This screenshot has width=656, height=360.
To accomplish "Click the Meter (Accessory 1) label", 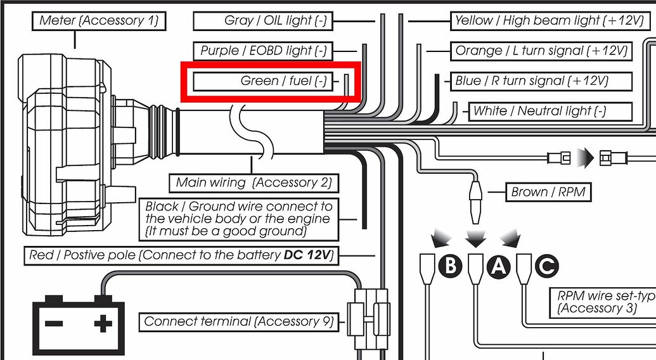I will pyautogui.click(x=98, y=20).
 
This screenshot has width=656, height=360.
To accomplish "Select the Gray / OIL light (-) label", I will pyautogui.click(x=275, y=20).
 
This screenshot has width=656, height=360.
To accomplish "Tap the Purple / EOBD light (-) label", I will pyautogui.click(x=263, y=51).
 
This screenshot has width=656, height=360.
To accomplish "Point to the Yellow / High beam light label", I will pyautogui.click(x=549, y=20).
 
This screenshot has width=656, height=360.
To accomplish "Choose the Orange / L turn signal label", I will pyautogui.click(x=541, y=51).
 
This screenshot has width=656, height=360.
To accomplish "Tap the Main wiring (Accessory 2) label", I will pyautogui.click(x=254, y=183).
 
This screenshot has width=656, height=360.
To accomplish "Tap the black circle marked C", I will pyautogui.click(x=546, y=266).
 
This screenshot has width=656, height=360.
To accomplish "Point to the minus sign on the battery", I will pyautogui.click(x=54, y=324).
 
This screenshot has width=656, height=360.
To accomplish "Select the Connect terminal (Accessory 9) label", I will pyautogui.click(x=238, y=321).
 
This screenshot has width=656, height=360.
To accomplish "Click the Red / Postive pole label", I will pyautogui.click(x=181, y=256).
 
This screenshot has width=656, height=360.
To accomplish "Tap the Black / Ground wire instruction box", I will pyautogui.click(x=238, y=219).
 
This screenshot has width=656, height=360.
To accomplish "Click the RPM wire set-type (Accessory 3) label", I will pyautogui.click(x=602, y=302).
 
